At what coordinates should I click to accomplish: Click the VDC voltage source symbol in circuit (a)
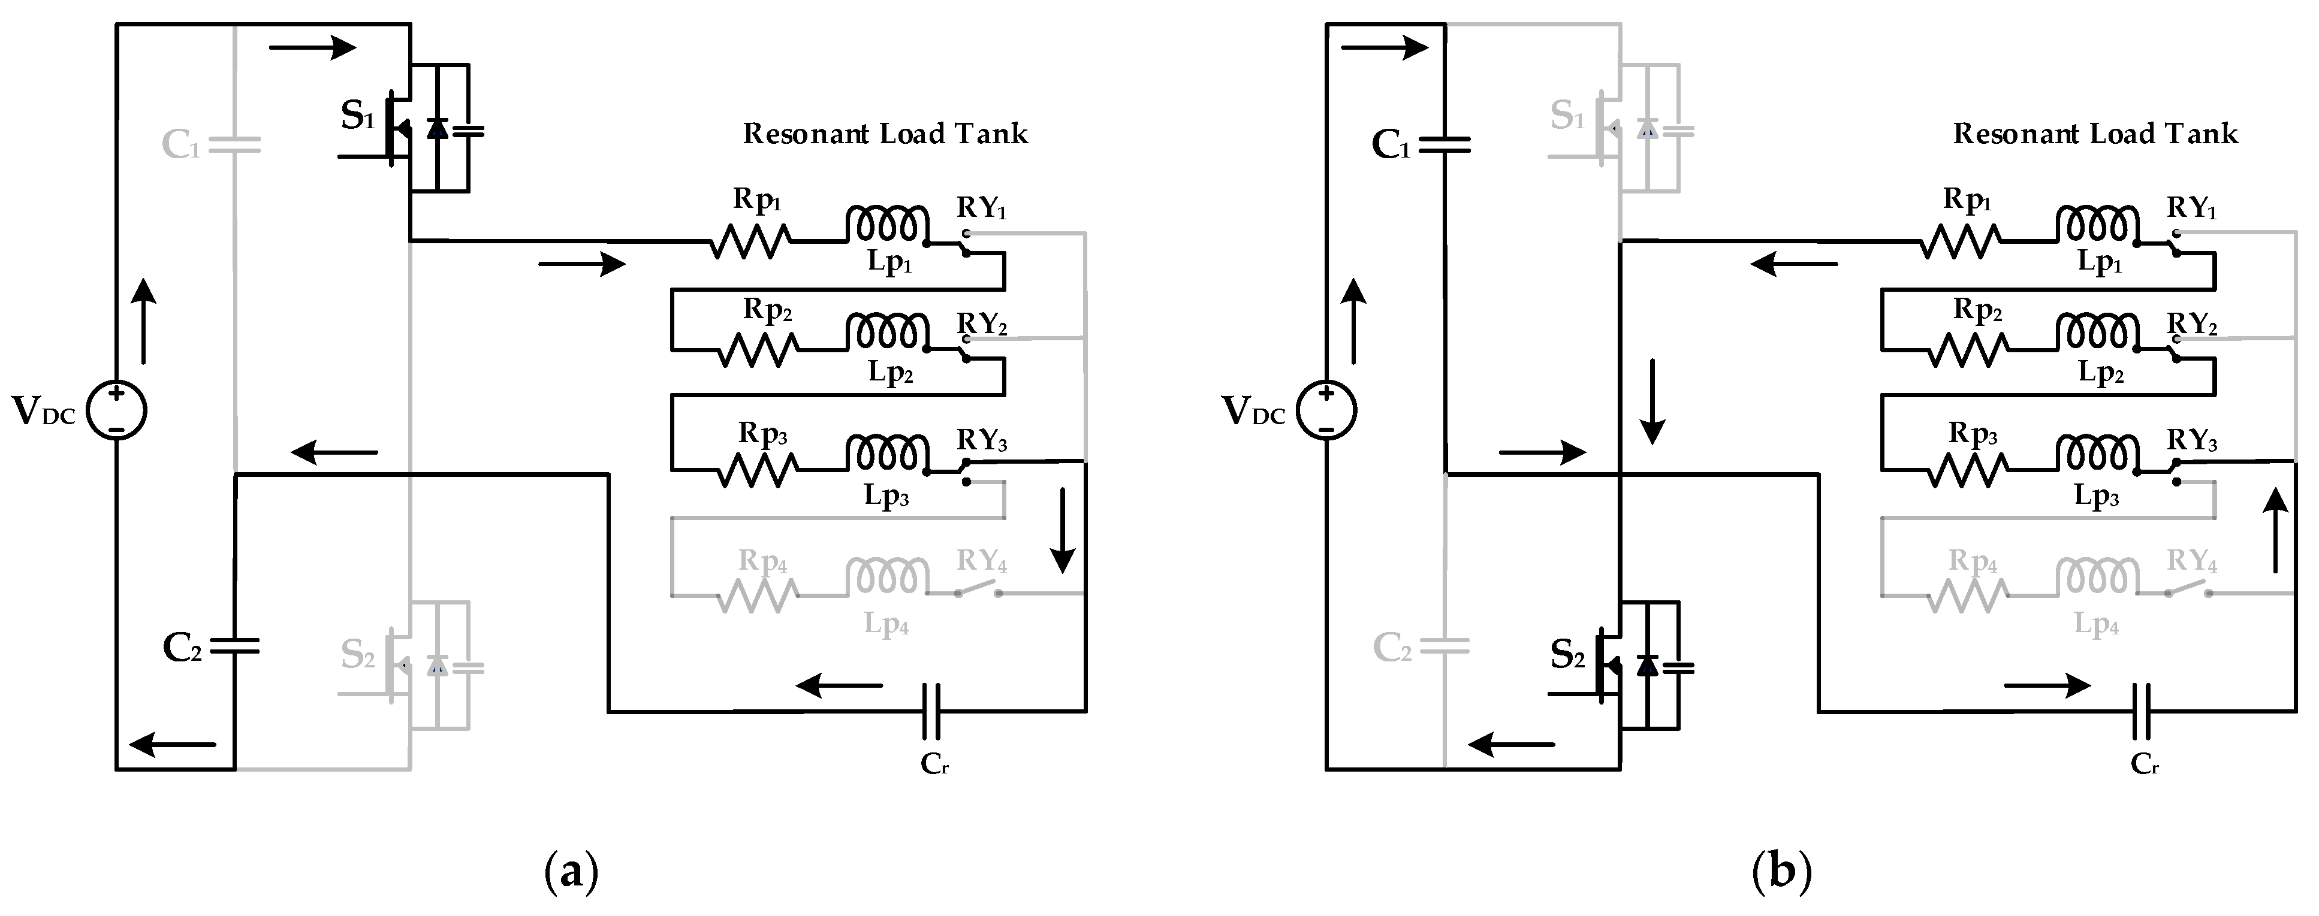coord(116,410)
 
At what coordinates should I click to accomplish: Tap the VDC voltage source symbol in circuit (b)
coord(1326,410)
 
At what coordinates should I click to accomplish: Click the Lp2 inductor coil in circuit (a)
coord(886,332)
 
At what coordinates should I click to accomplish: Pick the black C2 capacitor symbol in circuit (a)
coord(234,645)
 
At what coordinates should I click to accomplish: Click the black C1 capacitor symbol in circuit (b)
coord(1445,144)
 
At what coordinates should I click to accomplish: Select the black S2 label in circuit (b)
coord(1567,656)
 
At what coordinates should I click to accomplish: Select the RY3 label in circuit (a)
coord(981,440)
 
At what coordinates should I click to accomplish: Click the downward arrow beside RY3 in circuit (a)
coord(1063,530)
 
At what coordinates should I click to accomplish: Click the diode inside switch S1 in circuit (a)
coord(436,129)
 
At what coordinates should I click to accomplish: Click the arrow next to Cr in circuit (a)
coord(839,685)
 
